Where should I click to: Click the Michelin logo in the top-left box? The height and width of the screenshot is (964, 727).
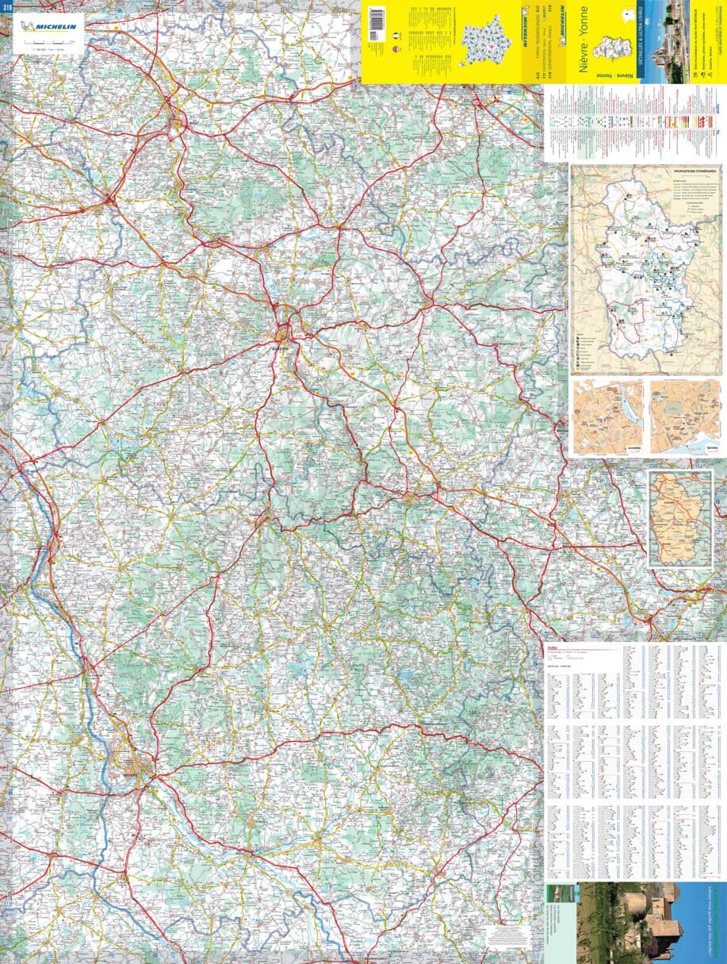[48, 26]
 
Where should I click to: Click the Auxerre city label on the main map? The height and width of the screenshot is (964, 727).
[280, 347]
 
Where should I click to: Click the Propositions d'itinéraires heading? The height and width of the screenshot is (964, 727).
[694, 171]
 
